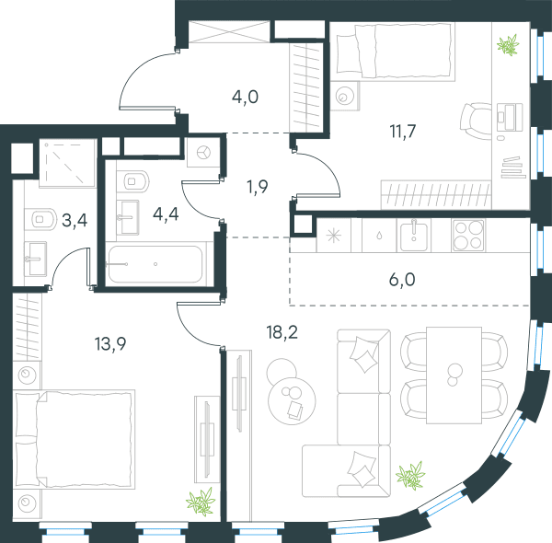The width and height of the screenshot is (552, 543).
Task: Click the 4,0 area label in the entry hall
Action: coord(245,97)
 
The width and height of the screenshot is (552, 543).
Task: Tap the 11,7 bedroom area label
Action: coord(403,132)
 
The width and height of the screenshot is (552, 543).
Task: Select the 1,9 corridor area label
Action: coord(258,187)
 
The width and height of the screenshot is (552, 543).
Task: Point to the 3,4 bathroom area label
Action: coord(75,221)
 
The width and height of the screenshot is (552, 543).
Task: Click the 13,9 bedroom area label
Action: coord(110,343)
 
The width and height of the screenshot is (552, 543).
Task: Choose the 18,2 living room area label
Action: coord(282,332)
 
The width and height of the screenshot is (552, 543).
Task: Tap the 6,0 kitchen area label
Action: coord(402,280)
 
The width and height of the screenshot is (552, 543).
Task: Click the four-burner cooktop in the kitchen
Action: coord(468,235)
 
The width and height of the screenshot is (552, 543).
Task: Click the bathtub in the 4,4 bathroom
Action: coord(155,264)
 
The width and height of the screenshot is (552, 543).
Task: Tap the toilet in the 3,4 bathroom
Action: coord(40,219)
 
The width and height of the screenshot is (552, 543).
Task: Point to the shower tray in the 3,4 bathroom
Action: coord(67,163)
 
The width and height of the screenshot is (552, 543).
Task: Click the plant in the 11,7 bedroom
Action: coord(508,45)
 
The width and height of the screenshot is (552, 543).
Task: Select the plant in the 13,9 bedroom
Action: coord(201,502)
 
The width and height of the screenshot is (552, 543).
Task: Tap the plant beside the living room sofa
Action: coord(410,475)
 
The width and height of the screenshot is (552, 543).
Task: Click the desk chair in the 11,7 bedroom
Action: coord(476,121)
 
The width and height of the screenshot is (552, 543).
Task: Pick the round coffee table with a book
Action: coord(292,400)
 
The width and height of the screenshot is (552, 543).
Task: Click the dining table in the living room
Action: coord(454,375)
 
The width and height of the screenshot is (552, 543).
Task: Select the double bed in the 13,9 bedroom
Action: coord(75,439)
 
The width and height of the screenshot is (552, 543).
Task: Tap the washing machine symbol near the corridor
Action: coord(204,153)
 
